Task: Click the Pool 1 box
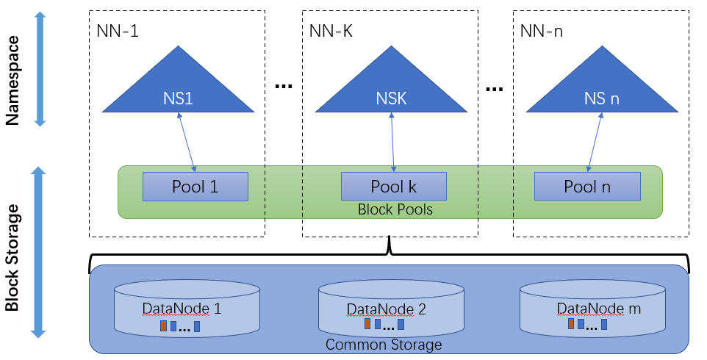click(195, 187)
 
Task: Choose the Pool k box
click(393, 187)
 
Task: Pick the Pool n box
click(586, 187)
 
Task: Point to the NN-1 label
click(118, 32)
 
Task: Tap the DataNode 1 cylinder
click(187, 309)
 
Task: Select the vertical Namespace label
click(12, 71)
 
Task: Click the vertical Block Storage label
click(12, 253)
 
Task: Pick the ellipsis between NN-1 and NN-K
click(283, 87)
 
